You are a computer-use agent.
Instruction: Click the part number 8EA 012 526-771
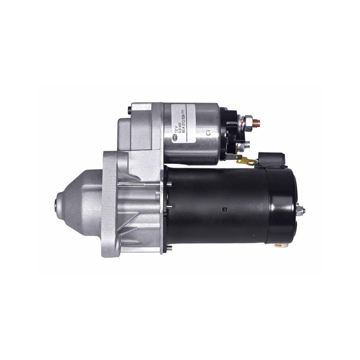pos(185,122)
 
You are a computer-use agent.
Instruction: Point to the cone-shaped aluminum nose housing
pos(79,205)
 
